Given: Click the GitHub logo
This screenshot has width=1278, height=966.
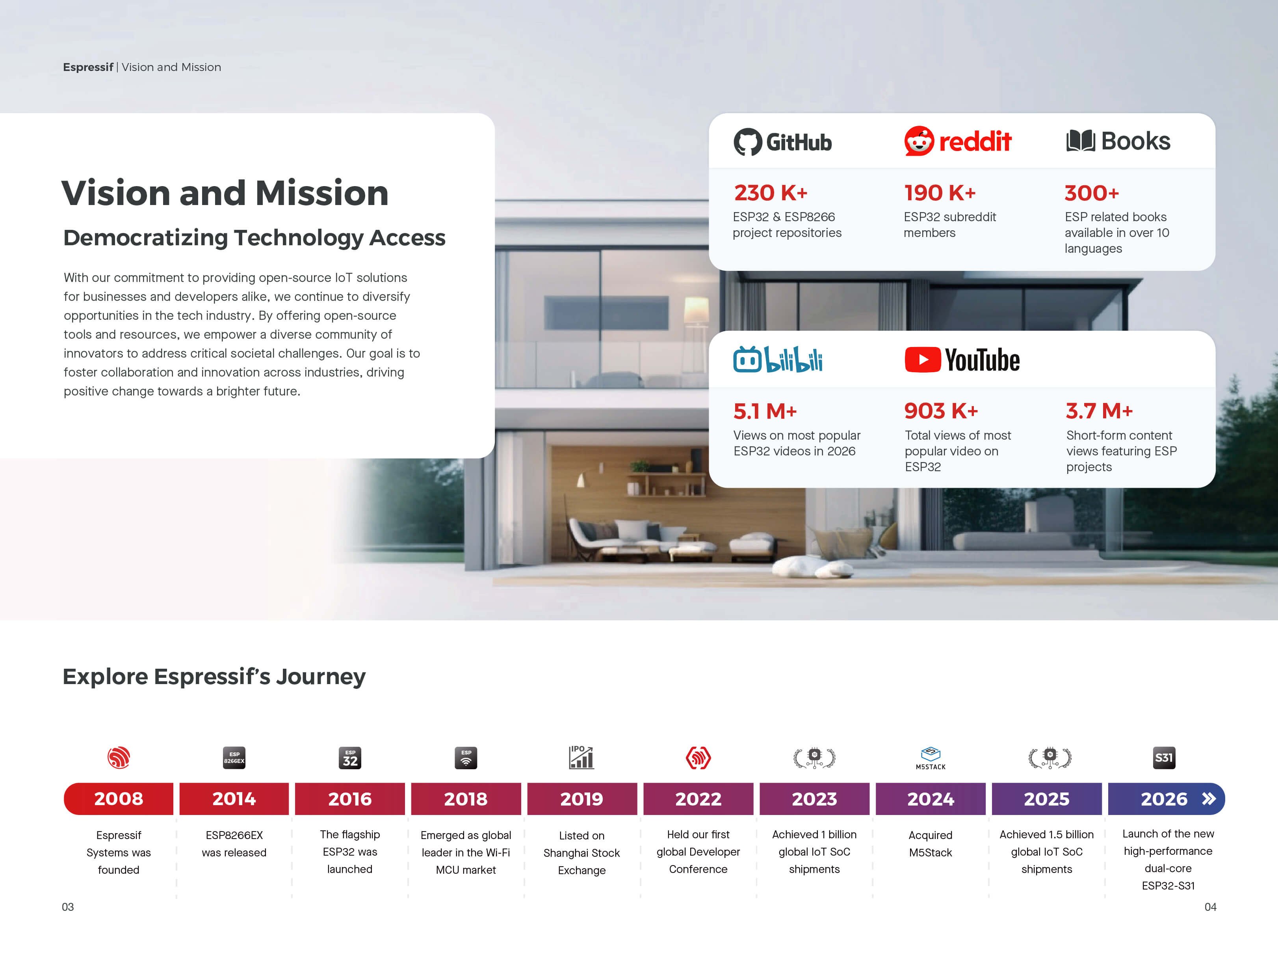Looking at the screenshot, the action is [x=782, y=142].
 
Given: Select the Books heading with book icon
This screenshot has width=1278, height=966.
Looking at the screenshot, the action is [x=1118, y=141].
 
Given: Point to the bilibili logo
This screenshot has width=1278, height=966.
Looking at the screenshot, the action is [x=778, y=359].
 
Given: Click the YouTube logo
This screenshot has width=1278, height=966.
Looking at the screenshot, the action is [x=962, y=360].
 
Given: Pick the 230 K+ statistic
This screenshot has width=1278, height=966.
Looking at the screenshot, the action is [x=771, y=192].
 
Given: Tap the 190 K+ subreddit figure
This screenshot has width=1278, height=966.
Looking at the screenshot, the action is [x=940, y=192].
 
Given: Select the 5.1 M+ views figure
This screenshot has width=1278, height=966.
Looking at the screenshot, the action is [x=765, y=411].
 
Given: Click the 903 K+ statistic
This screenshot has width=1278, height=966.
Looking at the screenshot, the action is [x=941, y=410].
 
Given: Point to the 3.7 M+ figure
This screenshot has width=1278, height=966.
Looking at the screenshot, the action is [x=1099, y=410].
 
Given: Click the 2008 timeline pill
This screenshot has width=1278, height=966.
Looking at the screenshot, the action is [x=119, y=798].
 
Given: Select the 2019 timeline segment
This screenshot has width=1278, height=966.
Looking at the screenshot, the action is [x=582, y=798].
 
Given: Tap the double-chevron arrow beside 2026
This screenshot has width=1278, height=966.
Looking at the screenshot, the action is [x=1209, y=798].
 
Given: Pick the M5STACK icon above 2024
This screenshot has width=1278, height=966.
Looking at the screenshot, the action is [x=930, y=758].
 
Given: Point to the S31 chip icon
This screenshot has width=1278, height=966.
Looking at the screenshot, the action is [x=1164, y=757].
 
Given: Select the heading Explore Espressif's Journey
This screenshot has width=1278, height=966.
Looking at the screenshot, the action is [x=214, y=676].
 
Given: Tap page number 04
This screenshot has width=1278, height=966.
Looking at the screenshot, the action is [x=1210, y=907].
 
